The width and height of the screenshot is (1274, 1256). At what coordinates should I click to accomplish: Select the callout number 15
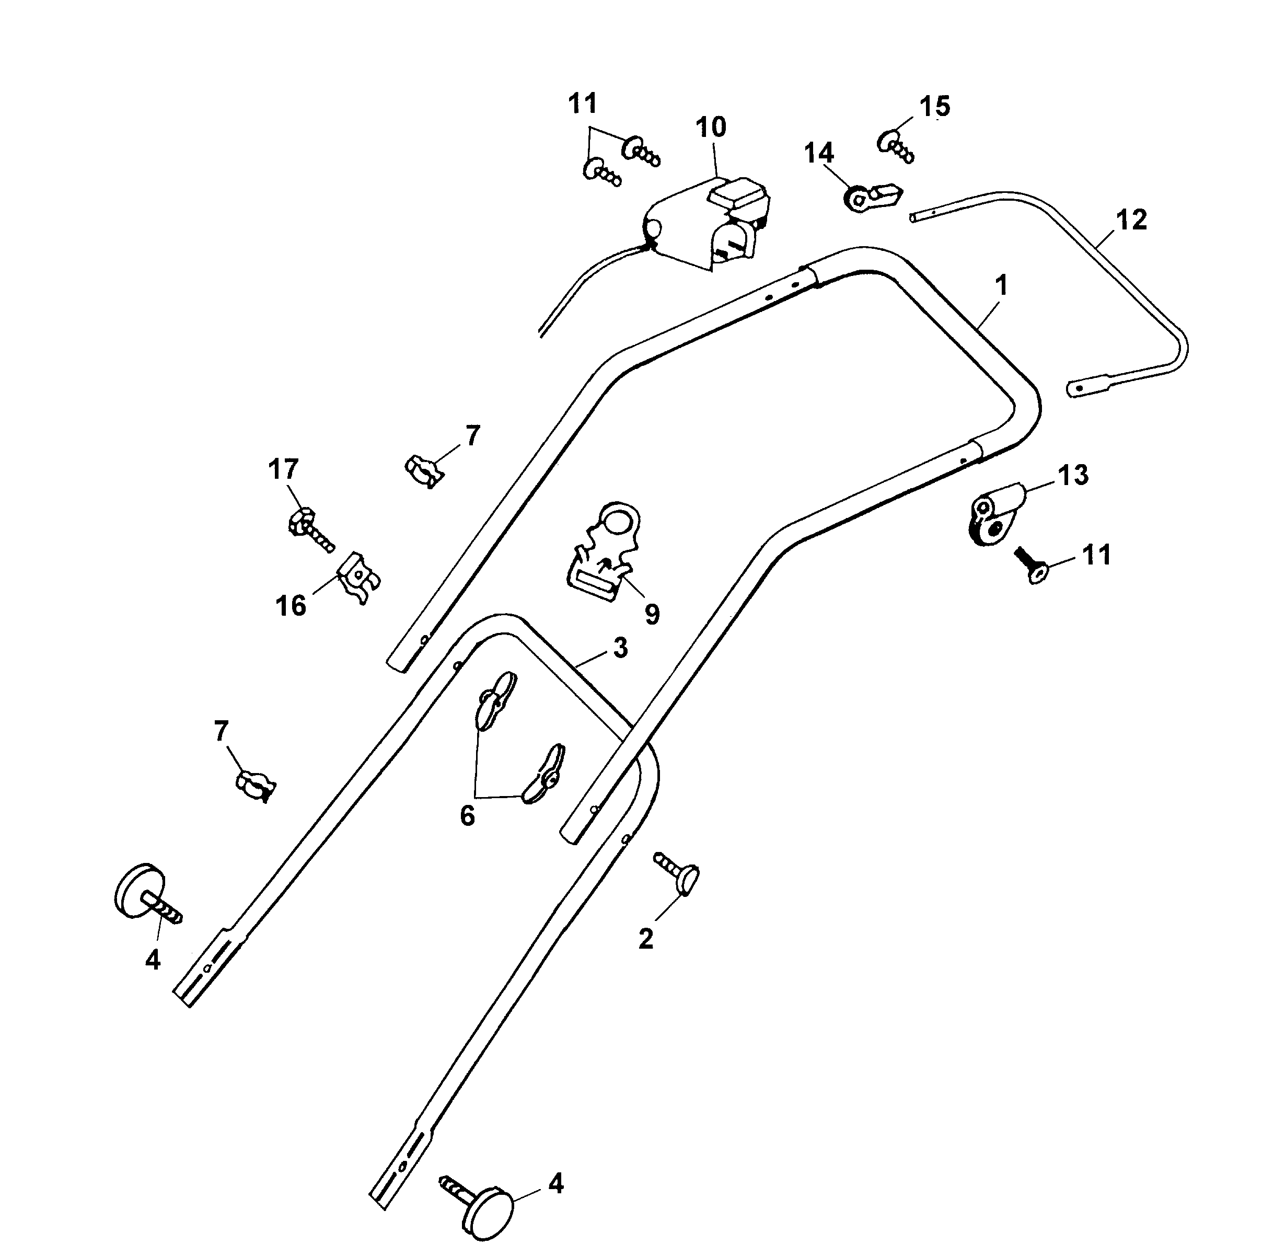pos(934,106)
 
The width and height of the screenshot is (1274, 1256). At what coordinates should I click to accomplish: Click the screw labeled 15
pos(896,146)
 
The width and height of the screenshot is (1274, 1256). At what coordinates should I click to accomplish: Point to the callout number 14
pos(819,153)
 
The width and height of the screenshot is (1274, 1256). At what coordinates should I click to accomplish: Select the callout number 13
pos(1073,475)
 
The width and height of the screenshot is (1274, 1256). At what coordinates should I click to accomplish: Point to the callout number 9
pos(652,614)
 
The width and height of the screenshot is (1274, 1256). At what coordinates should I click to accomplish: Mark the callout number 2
pos(645,939)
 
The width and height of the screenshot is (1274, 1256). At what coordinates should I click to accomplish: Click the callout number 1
pos(1002,285)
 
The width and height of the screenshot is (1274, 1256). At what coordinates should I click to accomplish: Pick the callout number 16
pos(291,605)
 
